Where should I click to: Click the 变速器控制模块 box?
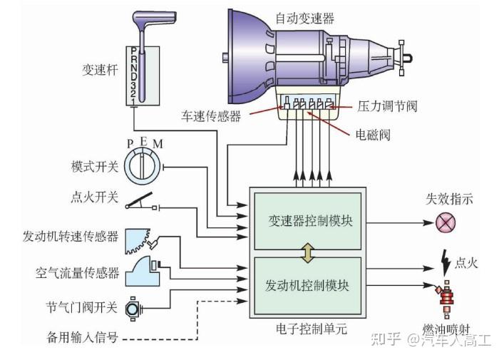coord(307,221)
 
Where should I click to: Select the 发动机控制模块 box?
coord(307,286)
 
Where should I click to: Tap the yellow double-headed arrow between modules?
coord(307,253)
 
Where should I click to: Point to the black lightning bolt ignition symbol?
coord(446,264)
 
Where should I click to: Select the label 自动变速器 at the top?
coord(304,18)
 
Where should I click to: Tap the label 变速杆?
coord(101,70)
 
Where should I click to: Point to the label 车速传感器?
coord(210,114)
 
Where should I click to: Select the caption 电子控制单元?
coord(307,329)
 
